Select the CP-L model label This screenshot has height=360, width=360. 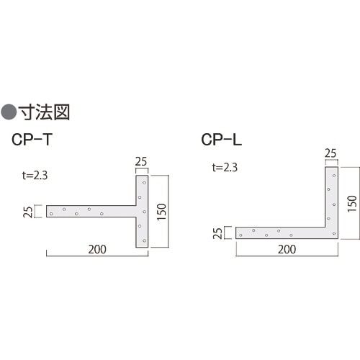pos(220,140)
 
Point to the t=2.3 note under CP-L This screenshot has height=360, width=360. pos(225,167)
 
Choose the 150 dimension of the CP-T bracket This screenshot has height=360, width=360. pos(162,212)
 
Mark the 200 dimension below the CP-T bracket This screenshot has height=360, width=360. pos(97,249)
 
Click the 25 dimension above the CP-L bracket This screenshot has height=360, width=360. pos(330,153)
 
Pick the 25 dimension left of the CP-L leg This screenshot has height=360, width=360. pos(217,232)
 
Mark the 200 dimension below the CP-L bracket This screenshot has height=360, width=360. pos(287,249)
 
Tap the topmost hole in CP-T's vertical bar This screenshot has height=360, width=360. pos(144,183)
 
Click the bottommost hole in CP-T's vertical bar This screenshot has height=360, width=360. pos(144,240)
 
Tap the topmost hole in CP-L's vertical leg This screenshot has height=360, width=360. pos(333,174)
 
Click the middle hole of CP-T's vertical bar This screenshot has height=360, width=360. pos(144,212)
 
